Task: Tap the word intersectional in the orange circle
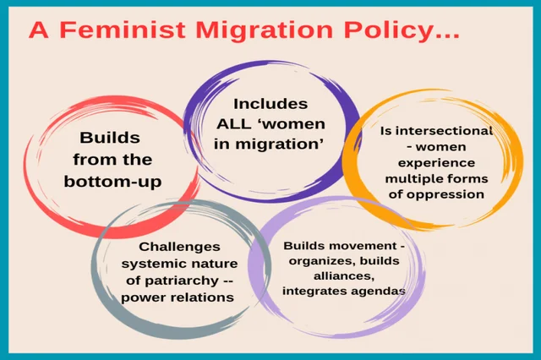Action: click(x=438, y=131)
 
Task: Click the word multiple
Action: click(x=413, y=178)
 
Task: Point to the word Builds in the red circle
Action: click(x=110, y=137)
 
